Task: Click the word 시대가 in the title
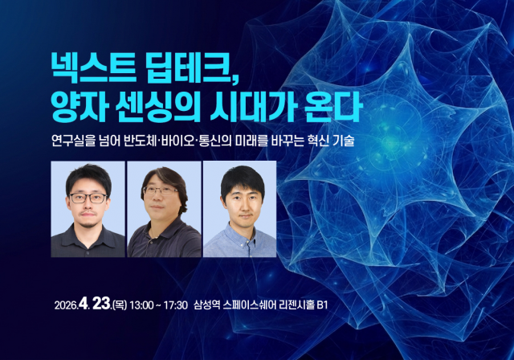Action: (x=255, y=105)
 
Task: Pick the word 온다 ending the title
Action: (x=333, y=105)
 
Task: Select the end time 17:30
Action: (x=174, y=306)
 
